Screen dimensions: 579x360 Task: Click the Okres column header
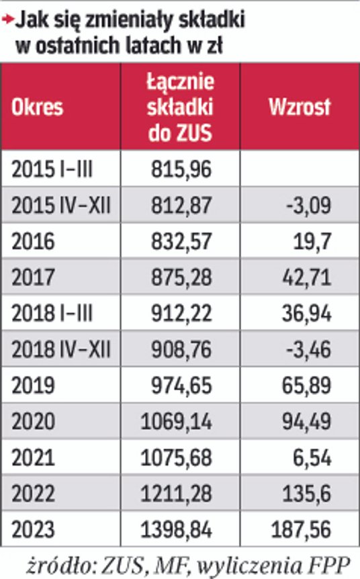37,107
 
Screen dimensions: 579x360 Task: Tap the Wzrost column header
300,107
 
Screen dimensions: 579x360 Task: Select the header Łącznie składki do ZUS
179,107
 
